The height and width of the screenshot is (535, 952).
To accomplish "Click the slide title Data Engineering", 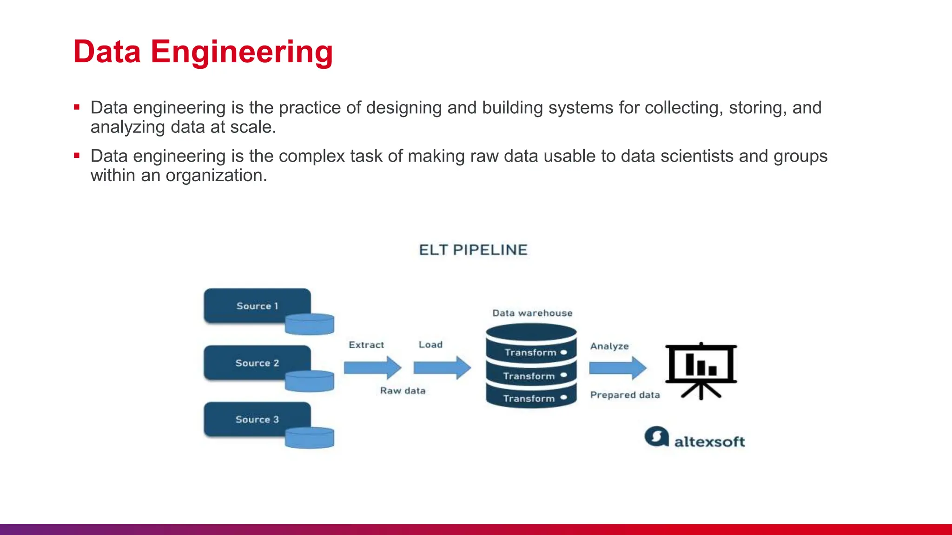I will click(203, 52).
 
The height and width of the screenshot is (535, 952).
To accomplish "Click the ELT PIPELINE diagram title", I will click(473, 250).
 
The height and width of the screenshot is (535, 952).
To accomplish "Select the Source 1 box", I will click(257, 306).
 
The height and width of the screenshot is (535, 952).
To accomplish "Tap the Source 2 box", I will click(257, 363).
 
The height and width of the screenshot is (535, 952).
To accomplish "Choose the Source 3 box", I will click(257, 419).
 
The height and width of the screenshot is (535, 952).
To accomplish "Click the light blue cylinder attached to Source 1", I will click(310, 324).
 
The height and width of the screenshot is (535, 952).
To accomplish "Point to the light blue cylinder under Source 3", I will click(310, 438).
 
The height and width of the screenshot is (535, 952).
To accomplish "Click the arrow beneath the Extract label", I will click(372, 368).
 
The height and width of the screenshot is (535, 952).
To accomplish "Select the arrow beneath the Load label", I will click(442, 368).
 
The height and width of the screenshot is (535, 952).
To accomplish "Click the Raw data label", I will click(403, 391).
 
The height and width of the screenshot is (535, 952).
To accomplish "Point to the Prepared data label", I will click(625, 395).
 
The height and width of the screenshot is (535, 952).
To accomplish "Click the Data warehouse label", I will click(532, 313).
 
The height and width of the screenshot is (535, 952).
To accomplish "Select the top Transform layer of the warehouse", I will click(531, 352).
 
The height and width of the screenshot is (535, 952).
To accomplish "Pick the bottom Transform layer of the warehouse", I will click(531, 398).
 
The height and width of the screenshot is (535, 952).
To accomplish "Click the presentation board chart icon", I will click(701, 370).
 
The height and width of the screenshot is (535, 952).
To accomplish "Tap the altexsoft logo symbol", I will click(656, 437).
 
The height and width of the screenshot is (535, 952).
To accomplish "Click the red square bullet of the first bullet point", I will click(77, 107).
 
